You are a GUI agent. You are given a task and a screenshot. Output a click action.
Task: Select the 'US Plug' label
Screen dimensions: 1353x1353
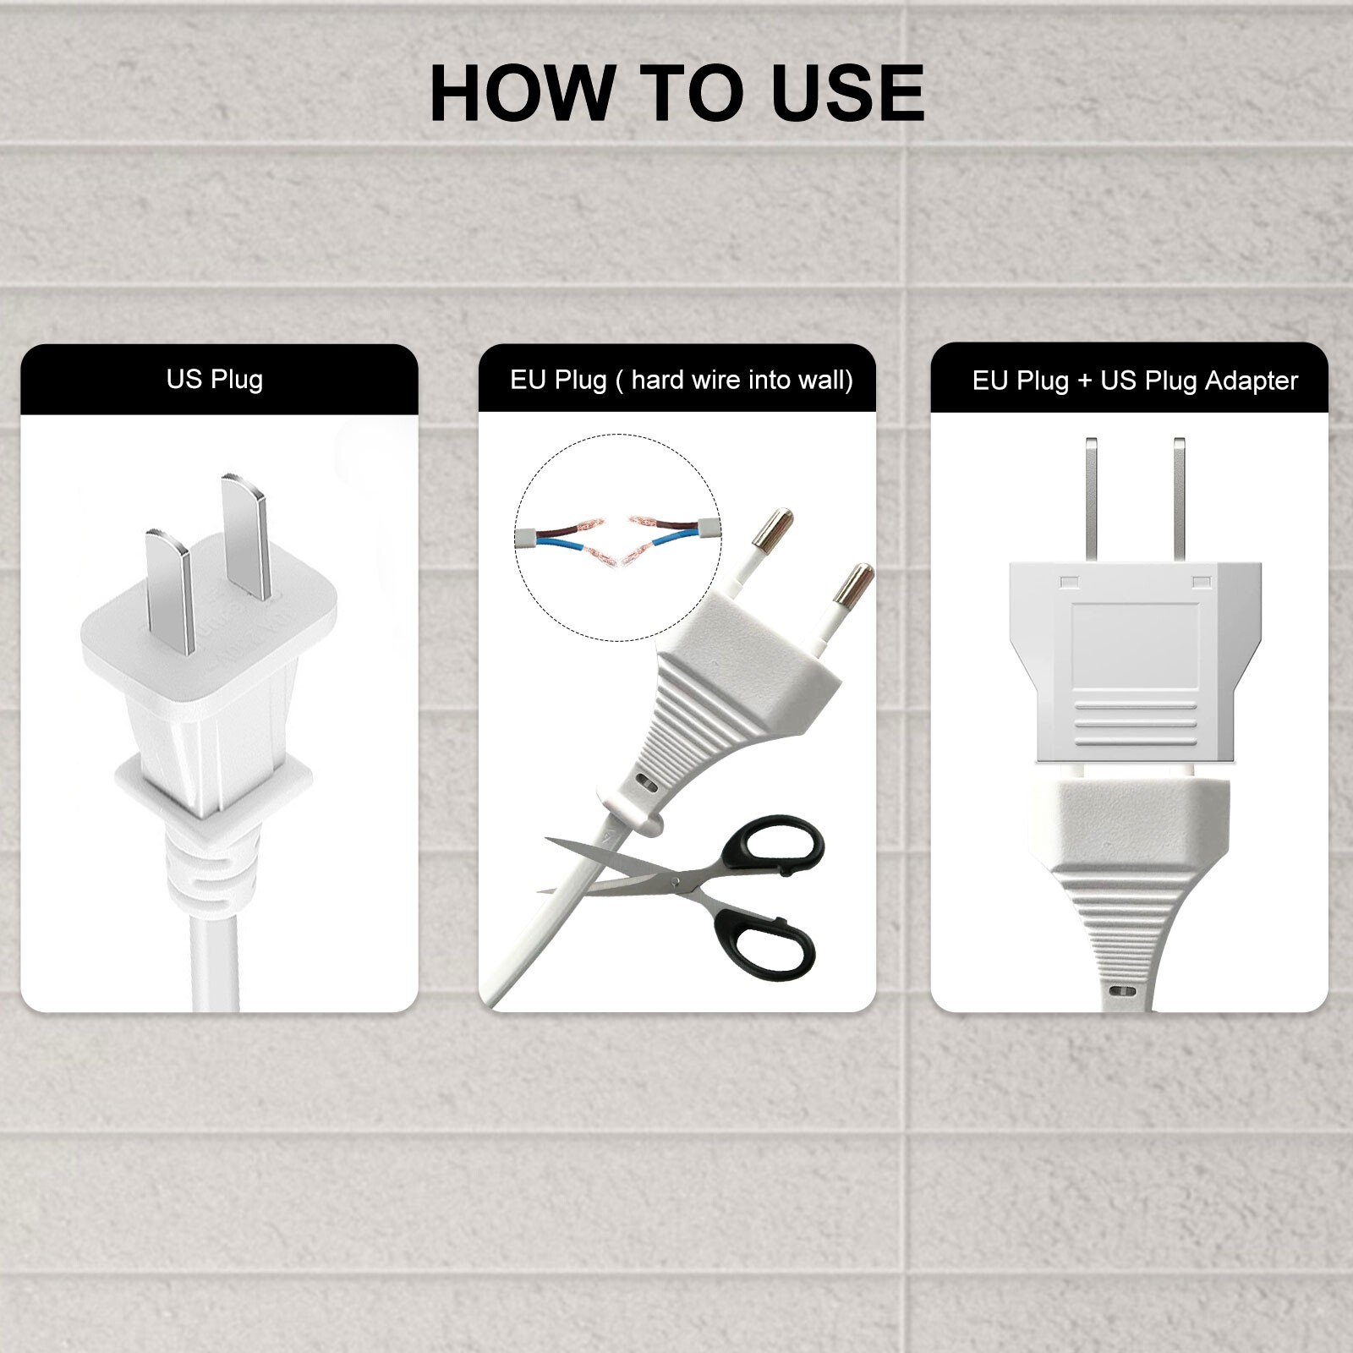215,380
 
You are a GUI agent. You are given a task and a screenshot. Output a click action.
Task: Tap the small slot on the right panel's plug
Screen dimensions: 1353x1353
1123,991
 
